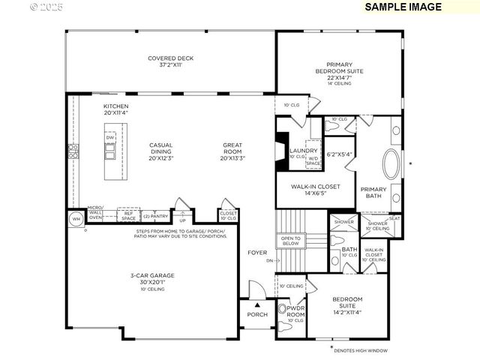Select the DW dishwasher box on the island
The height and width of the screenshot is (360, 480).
click(x=110, y=138)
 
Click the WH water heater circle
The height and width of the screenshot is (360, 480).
click(x=76, y=219)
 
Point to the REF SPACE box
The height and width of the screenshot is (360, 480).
click(x=129, y=216)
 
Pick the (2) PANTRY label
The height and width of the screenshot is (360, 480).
click(x=155, y=216)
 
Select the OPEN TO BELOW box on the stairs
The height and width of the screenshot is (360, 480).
click(x=290, y=241)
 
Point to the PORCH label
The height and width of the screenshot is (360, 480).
click(x=257, y=314)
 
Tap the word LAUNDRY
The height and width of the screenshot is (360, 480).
click(x=304, y=150)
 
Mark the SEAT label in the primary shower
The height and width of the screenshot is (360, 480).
click(x=394, y=218)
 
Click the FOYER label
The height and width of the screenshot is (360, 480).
click(x=257, y=253)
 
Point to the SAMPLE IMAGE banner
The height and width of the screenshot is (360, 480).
click(x=402, y=7)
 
